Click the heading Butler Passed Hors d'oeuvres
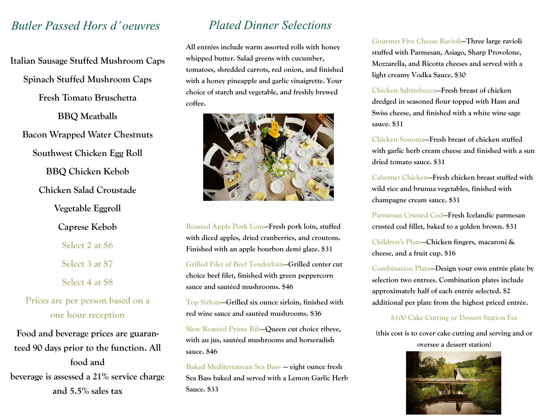point(85,26)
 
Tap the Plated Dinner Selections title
point(270,25)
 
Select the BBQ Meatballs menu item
point(87,116)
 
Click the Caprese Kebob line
point(87,227)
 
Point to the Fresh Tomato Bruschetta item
point(87,98)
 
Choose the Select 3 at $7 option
point(87,264)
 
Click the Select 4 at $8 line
point(87,282)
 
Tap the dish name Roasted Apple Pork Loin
point(225,226)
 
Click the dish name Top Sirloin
point(203,302)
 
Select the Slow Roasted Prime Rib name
point(223,329)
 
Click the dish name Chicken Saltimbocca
point(403,90)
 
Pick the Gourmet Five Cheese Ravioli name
point(416,41)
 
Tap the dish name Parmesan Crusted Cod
point(407,215)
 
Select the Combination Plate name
point(401,268)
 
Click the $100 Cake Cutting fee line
point(454,318)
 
